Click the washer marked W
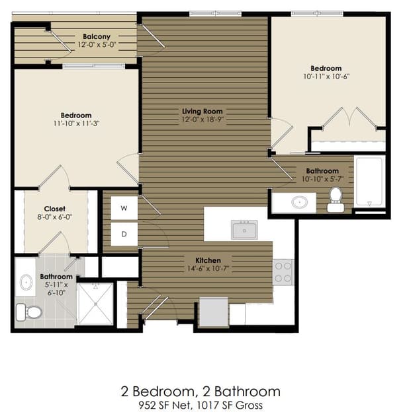click(124, 208)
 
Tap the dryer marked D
click(124, 234)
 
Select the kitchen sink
click(244, 230)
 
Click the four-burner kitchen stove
click(283, 272)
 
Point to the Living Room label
click(203, 112)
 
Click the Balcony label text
click(97, 36)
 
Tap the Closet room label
click(54, 209)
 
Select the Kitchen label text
click(208, 260)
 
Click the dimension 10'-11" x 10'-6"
click(326, 77)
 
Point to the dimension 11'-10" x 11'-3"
click(76, 123)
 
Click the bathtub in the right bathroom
click(370, 182)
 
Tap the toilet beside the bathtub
click(336, 199)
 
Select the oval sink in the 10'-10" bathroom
click(300, 203)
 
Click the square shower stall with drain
click(95, 304)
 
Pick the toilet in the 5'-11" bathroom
click(29, 312)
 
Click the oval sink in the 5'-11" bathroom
click(26, 283)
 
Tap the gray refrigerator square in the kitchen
click(214, 312)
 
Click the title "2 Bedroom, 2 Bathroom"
click(201, 392)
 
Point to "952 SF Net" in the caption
click(164, 405)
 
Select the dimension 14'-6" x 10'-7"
click(208, 269)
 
